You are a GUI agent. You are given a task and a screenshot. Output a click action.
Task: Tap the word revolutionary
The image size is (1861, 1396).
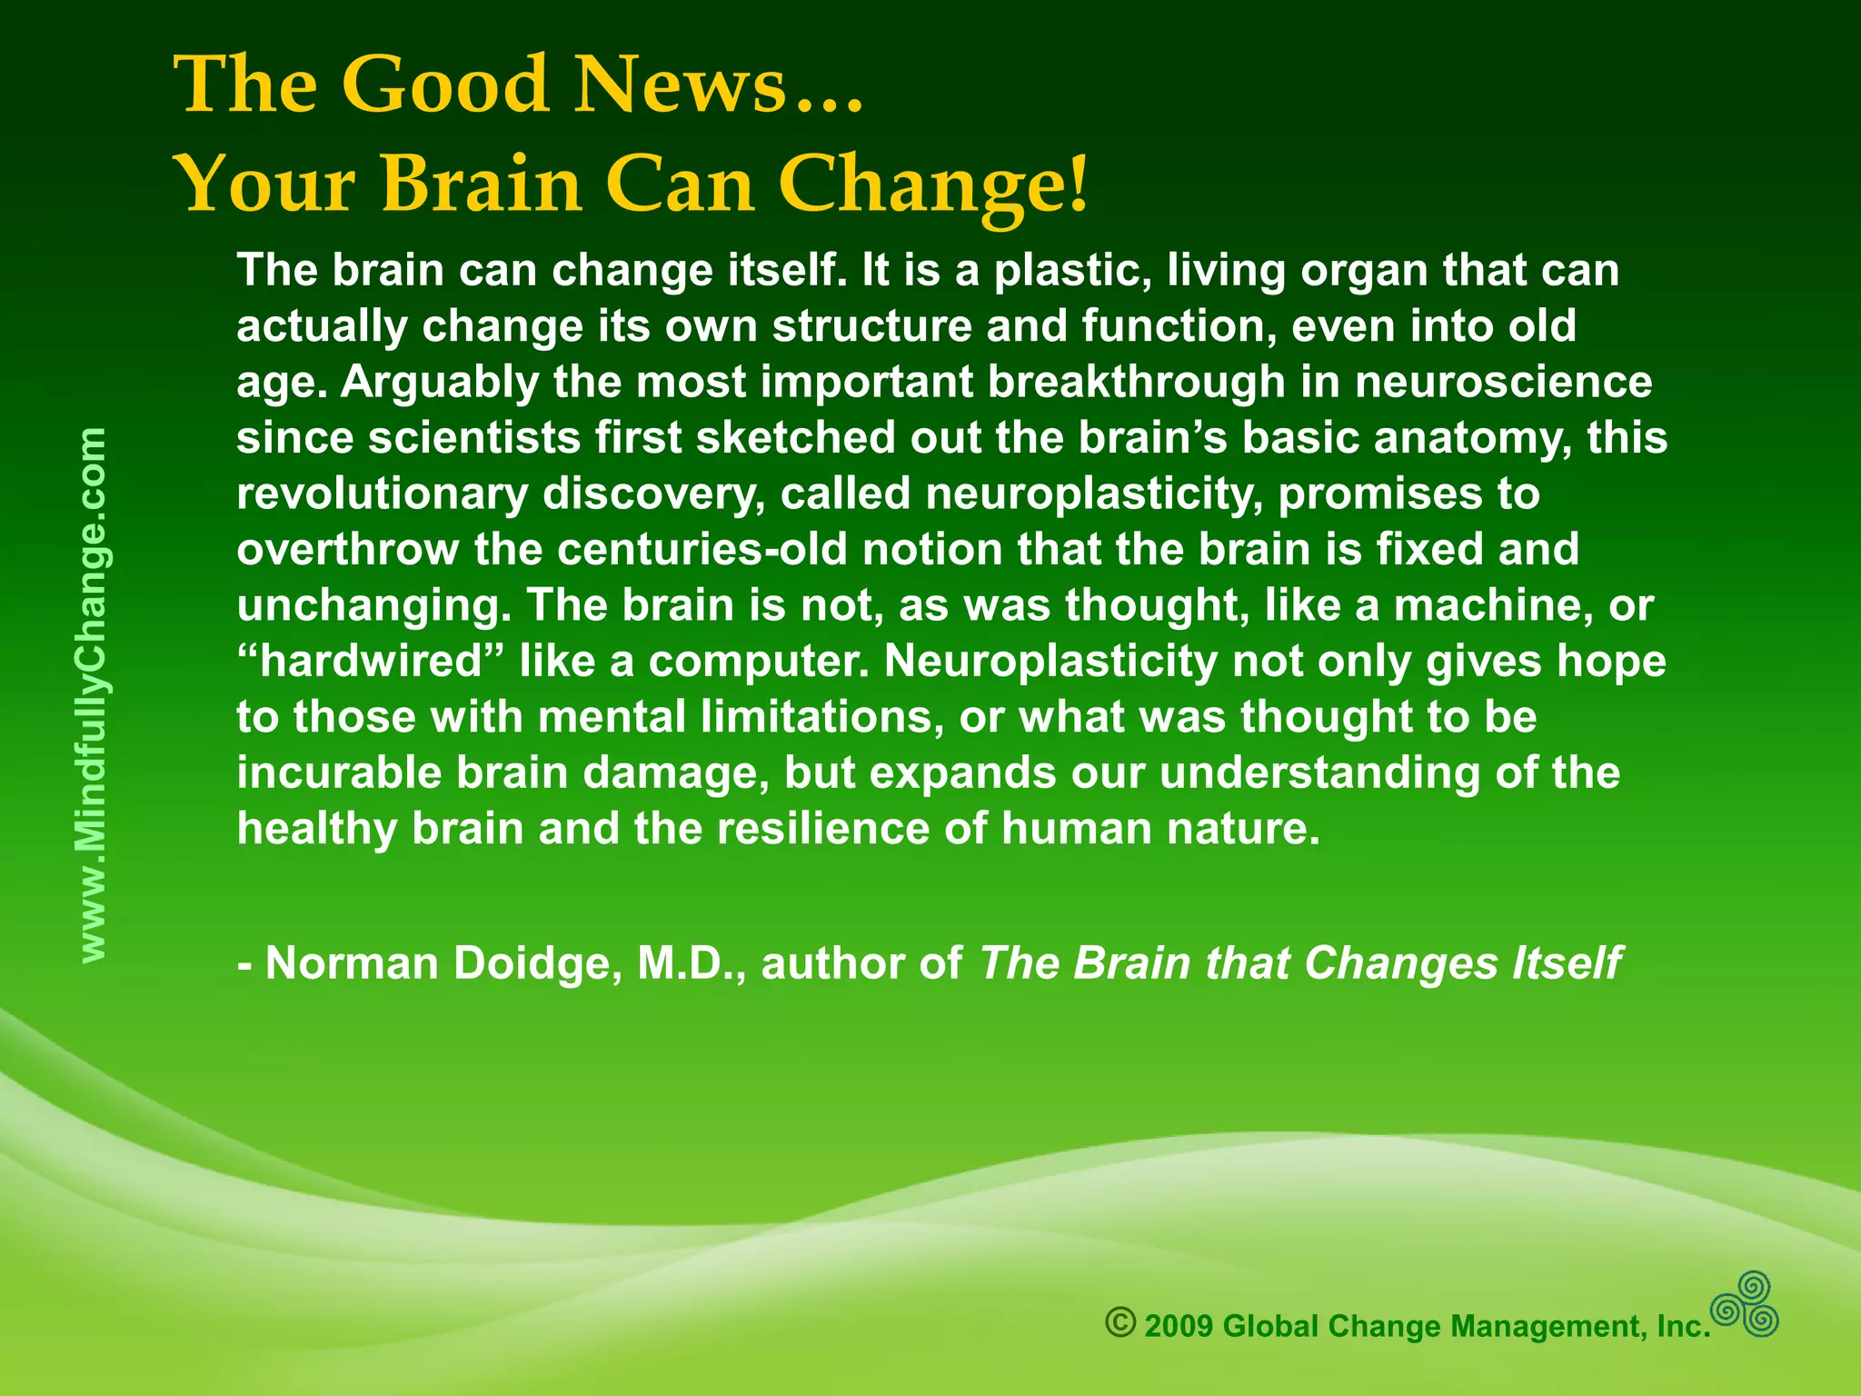click(382, 494)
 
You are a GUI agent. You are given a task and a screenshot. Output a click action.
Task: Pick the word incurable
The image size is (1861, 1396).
click(338, 773)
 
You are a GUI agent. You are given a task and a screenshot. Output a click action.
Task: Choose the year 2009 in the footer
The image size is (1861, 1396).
click(1179, 1327)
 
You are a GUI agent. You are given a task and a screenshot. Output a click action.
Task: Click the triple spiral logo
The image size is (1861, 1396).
click(1745, 1305)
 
